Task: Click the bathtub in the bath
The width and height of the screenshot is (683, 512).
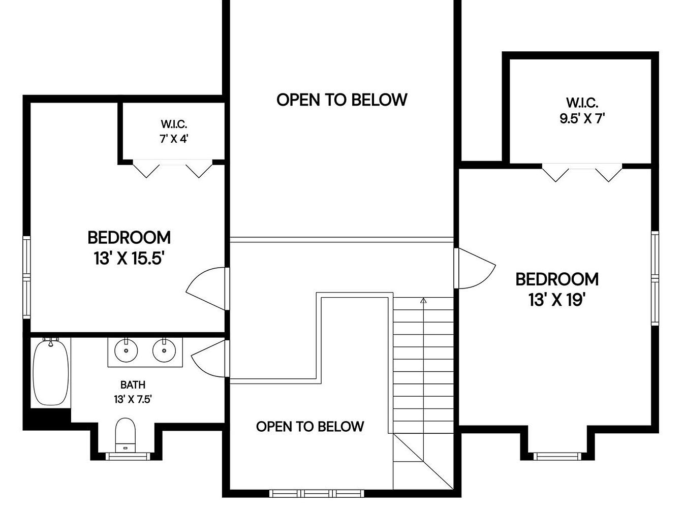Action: click(x=51, y=372)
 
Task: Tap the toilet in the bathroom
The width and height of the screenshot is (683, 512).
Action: click(x=126, y=435)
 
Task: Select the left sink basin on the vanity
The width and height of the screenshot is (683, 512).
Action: click(x=126, y=350)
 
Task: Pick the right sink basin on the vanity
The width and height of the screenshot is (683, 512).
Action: click(x=164, y=350)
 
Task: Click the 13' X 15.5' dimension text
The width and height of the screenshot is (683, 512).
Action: click(x=129, y=259)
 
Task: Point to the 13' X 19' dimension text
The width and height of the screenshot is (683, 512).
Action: click(x=557, y=300)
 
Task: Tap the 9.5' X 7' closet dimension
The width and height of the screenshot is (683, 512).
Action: click(x=582, y=118)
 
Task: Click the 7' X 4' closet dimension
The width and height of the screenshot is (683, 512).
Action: click(x=174, y=139)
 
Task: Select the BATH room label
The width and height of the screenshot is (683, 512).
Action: click(x=133, y=385)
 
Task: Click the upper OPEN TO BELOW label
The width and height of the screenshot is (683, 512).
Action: click(x=342, y=100)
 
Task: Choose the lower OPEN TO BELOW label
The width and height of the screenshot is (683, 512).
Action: click(x=310, y=427)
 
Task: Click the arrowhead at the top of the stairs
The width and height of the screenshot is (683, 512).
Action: click(x=423, y=300)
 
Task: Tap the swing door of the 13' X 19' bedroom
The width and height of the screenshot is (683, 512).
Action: click(x=474, y=268)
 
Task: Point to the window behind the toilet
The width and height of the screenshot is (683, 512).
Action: click(x=128, y=456)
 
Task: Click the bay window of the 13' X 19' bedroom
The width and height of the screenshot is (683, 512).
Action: click(x=557, y=456)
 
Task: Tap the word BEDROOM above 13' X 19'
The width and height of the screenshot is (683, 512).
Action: click(x=557, y=279)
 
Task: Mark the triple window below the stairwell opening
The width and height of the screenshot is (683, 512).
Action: click(x=317, y=493)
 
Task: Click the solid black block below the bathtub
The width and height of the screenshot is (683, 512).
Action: click(x=47, y=419)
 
